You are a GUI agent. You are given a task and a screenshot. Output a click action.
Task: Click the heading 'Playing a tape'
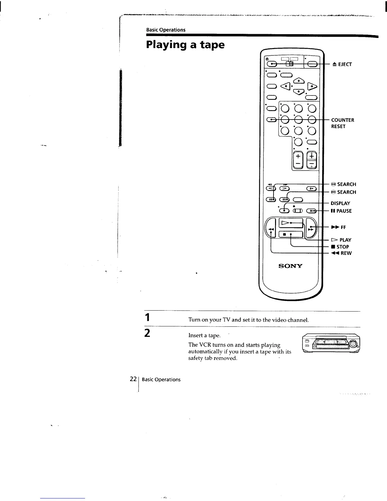[185, 45]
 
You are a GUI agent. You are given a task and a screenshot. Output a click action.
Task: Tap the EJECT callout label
[341, 65]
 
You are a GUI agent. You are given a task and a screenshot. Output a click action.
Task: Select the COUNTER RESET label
[342, 123]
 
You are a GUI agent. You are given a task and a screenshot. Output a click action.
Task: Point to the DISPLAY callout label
[341, 203]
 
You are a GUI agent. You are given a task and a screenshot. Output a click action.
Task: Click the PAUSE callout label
[341, 211]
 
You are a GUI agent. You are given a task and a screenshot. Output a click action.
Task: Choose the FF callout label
[339, 227]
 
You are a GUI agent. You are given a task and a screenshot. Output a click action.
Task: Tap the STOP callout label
[340, 247]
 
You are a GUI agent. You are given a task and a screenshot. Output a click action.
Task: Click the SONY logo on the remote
[290, 266]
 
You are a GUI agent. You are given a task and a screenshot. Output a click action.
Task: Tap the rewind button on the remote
[271, 228]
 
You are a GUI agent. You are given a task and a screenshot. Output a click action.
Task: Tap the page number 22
[133, 379]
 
